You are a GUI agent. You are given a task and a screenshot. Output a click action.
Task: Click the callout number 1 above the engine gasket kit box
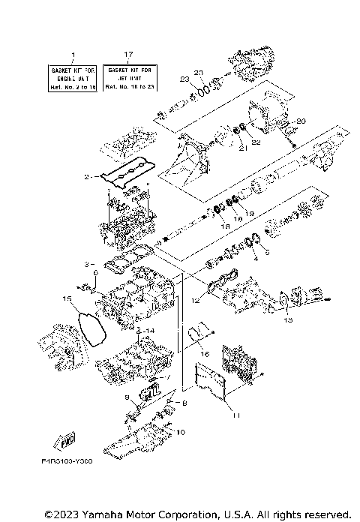[72, 55]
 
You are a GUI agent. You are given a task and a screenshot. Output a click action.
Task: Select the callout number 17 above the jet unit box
[127, 55]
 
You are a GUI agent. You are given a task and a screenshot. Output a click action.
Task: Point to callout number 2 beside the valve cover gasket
[87, 177]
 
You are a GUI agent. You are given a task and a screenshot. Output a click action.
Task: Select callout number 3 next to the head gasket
[87, 264]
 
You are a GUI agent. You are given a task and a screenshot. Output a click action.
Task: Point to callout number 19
[250, 213]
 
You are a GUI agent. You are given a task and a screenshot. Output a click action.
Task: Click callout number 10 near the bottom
[179, 432]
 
